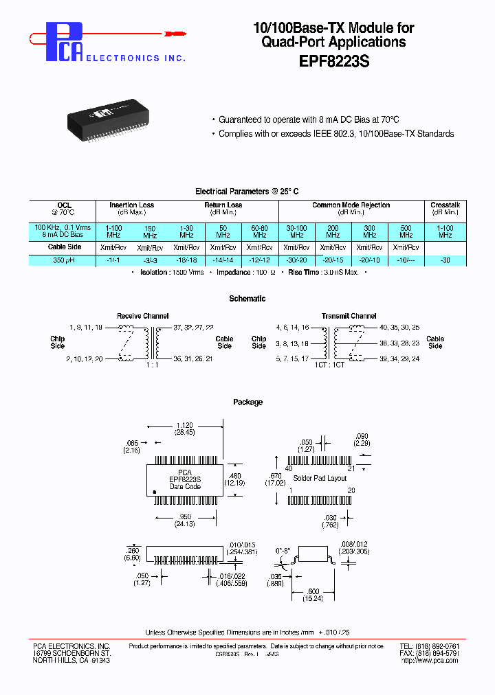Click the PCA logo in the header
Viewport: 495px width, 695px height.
tap(65, 41)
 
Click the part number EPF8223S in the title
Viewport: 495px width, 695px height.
tap(334, 61)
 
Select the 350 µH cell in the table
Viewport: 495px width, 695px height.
tap(65, 260)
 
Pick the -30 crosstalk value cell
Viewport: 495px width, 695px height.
tap(445, 260)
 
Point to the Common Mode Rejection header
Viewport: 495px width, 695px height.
tap(351, 205)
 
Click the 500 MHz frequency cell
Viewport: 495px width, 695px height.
tap(406, 231)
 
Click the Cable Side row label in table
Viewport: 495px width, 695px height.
tap(65, 247)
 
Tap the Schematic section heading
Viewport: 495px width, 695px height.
tap(247, 299)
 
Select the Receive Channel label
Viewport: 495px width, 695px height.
tap(142, 316)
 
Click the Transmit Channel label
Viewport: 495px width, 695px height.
tap(349, 316)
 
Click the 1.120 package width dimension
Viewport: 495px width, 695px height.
tap(184, 425)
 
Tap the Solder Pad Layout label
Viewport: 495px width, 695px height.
tap(320, 477)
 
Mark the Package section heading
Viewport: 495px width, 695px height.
tap(247, 402)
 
